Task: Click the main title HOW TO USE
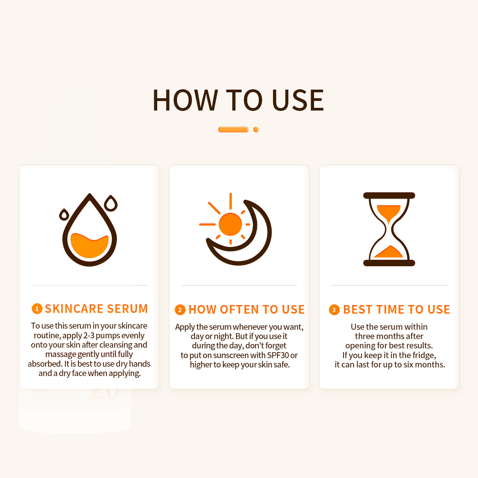point(238,100)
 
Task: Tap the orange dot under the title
point(256,130)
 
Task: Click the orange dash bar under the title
point(233,130)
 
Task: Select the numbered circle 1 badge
point(37,309)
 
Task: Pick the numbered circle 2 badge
point(180,310)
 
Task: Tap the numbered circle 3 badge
point(334,310)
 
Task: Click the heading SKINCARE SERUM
point(96,309)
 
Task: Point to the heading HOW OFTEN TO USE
point(246,310)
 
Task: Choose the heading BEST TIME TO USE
point(396,310)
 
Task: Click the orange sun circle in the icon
point(230,224)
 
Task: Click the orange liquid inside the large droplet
point(90,246)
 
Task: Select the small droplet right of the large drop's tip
point(111,204)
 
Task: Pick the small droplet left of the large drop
point(64,215)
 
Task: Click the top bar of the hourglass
point(389,196)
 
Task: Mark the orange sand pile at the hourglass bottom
point(389,252)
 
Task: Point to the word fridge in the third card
point(423,355)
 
